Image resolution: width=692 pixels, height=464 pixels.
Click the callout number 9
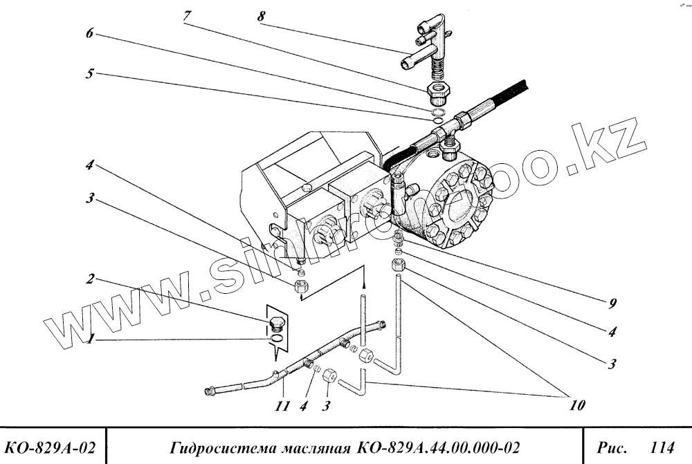click(x=612, y=303)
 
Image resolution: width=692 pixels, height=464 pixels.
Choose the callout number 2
click(x=89, y=280)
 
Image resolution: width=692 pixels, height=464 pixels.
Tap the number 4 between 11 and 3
click(x=304, y=407)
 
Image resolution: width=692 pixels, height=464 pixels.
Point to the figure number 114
click(x=662, y=445)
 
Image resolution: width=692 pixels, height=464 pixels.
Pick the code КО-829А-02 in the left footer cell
click(x=53, y=445)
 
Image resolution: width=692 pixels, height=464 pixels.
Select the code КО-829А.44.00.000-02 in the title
click(x=435, y=445)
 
